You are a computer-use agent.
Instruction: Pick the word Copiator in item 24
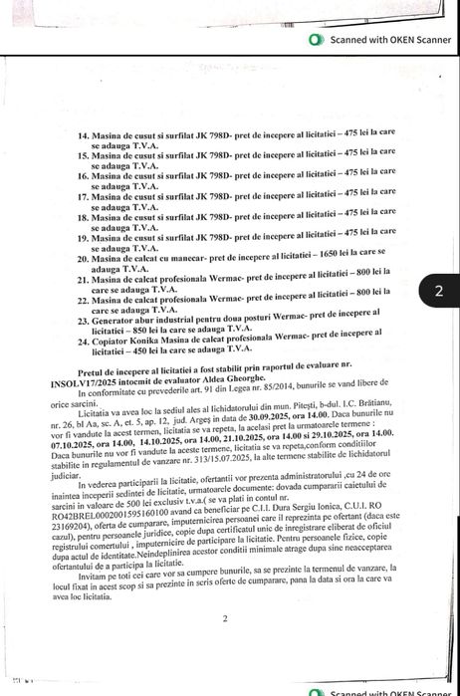click(x=112, y=341)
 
